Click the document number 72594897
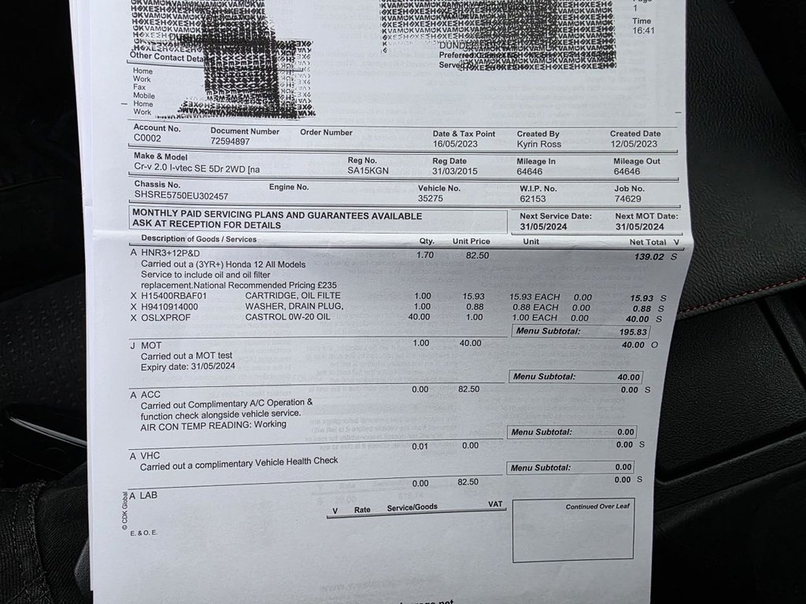[x=230, y=142]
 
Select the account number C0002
[x=147, y=138]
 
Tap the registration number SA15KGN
[x=368, y=171]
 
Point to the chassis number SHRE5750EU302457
[x=181, y=196]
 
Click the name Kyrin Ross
[x=538, y=145]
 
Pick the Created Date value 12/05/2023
[x=633, y=145]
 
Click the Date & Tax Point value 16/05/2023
[x=456, y=145]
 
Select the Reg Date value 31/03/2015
[x=455, y=171]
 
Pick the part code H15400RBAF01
[x=174, y=296]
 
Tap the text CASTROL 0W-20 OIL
[x=287, y=317]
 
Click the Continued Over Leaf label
[x=596, y=507]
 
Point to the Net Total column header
[x=647, y=242]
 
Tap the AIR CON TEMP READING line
[x=213, y=425]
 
